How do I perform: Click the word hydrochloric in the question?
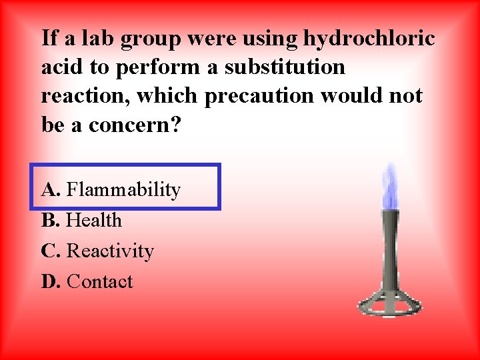[369, 39]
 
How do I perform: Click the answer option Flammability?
[123, 190]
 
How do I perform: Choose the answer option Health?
[95, 220]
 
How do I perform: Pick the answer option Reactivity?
[110, 251]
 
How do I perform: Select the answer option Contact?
[100, 281]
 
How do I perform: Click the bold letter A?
[51, 190]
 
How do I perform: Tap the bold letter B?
[50, 220]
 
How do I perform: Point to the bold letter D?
[51, 281]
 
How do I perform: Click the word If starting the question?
[49, 39]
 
